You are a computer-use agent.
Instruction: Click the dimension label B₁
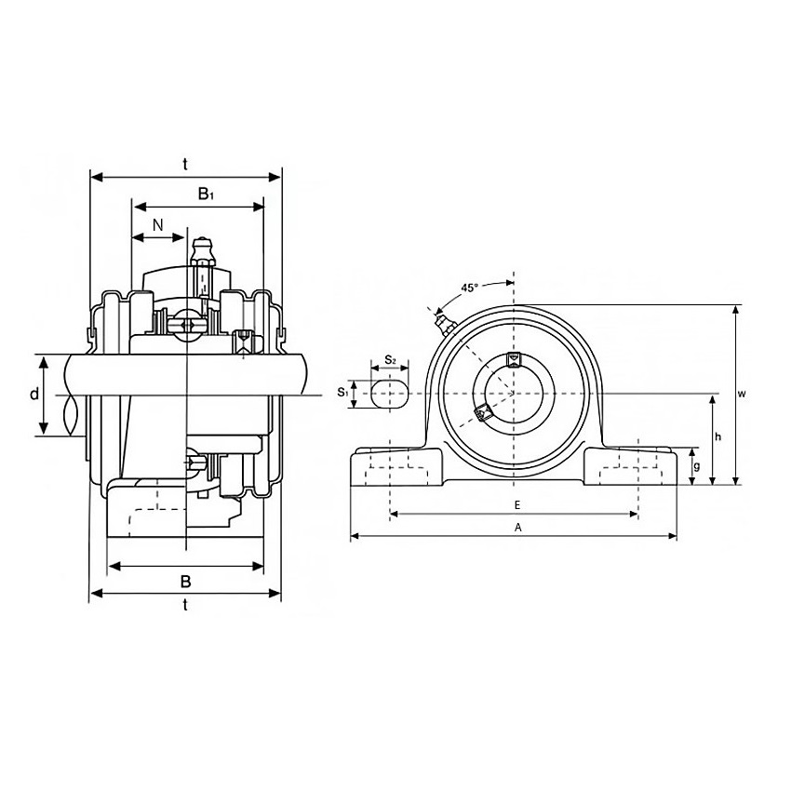click(206, 194)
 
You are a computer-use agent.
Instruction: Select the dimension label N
click(158, 225)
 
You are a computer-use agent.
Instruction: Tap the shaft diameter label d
click(34, 394)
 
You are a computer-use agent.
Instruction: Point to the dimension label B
click(185, 581)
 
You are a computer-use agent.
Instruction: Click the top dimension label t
click(185, 164)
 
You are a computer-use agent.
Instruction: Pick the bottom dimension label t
click(185, 604)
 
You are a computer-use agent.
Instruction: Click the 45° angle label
click(469, 288)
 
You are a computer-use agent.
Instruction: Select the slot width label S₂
click(390, 360)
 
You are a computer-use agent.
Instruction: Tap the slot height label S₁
click(343, 392)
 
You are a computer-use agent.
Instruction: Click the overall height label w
click(742, 394)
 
